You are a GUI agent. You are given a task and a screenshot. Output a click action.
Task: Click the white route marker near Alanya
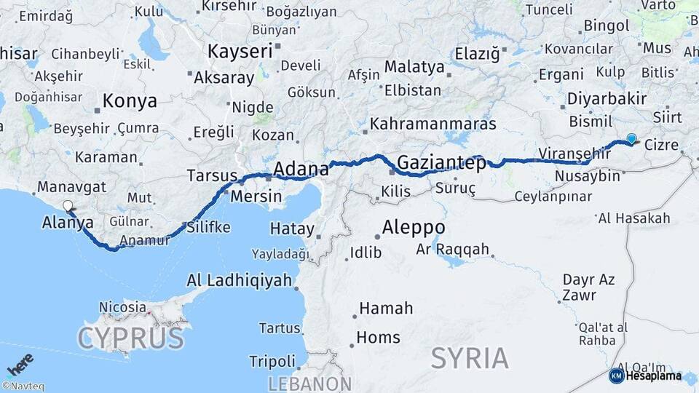coord(68,206)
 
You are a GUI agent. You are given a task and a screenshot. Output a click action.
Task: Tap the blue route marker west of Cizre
coord(631,138)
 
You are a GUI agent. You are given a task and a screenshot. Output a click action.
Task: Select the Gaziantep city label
coord(442,163)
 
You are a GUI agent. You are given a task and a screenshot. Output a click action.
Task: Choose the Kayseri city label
coord(240,51)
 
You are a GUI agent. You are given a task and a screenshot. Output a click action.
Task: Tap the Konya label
coord(130,101)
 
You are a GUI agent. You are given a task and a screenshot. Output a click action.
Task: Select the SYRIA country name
coord(469,358)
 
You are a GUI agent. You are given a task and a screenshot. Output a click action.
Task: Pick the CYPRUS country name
coord(130,338)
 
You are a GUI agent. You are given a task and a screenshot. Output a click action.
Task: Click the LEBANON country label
coord(309,384)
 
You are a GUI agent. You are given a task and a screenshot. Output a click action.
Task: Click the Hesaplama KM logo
coord(646,376)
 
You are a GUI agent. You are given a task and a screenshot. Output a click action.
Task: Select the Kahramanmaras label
coord(433,124)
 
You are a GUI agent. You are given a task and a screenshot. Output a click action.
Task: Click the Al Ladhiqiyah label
coord(240,280)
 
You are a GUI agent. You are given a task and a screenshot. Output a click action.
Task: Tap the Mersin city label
coord(256,196)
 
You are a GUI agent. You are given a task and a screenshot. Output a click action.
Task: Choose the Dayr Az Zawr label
coord(588,287)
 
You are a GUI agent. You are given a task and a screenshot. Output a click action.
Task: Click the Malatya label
coord(414,66)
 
